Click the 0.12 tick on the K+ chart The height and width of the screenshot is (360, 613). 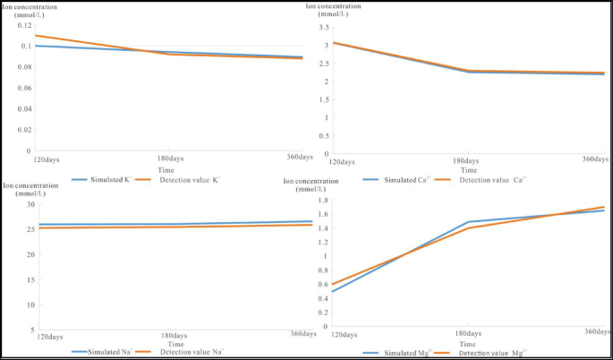pos(22,25)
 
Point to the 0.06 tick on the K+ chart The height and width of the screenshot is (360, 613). pos(22,88)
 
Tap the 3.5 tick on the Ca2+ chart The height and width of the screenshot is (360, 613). pos(324,26)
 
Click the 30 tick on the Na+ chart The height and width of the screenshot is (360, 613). pos(27,204)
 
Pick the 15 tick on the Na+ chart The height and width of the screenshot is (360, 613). pos(27,280)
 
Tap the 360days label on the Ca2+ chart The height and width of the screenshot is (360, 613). pos(596,159)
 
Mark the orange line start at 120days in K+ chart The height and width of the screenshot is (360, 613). pos(35,36)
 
